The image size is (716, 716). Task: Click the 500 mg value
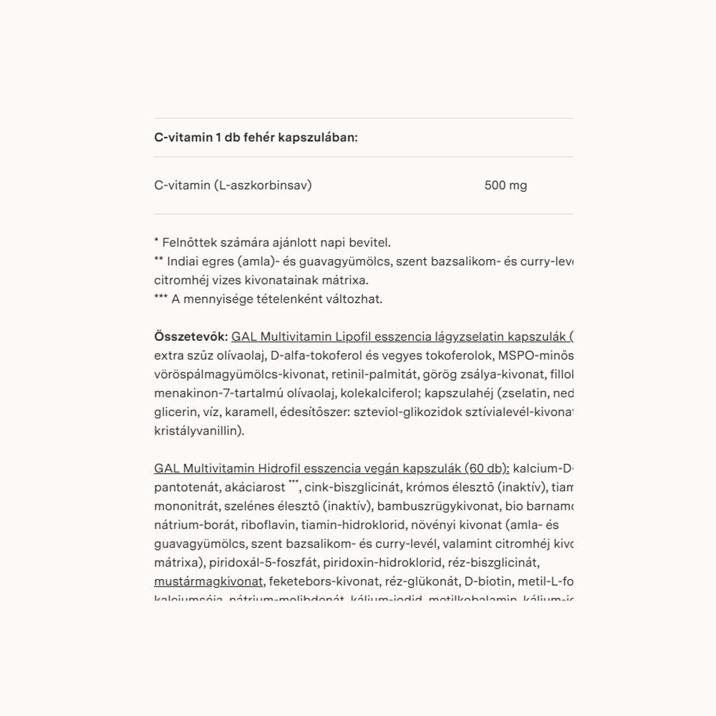tap(505, 186)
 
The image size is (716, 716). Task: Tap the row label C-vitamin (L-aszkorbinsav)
tap(233, 186)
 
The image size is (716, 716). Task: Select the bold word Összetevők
tap(190, 337)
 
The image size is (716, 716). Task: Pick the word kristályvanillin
tap(199, 432)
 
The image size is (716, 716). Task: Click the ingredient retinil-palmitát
tap(381, 374)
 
